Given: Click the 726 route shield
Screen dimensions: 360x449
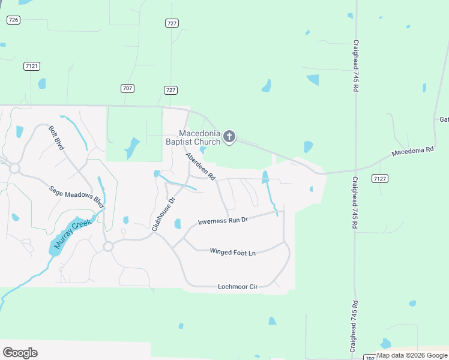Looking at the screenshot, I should (x=13, y=20).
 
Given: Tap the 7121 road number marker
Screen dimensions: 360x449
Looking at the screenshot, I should (x=32, y=66).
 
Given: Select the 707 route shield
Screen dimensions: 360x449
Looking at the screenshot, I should (x=127, y=88).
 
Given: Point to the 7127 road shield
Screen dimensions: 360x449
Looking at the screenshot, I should (x=379, y=178).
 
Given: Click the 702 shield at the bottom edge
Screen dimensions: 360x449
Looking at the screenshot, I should (x=370, y=358).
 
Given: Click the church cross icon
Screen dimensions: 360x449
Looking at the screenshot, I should (x=229, y=137).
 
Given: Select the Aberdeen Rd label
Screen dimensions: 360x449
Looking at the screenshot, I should (x=200, y=166).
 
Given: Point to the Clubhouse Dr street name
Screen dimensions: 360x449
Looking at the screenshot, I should (x=163, y=214).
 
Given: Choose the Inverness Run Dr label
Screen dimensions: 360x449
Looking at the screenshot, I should (x=223, y=221).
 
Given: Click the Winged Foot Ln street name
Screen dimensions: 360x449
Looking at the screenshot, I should (x=232, y=252).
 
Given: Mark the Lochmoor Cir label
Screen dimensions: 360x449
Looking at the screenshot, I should (x=238, y=287).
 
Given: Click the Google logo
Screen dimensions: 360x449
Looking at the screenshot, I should (x=20, y=353).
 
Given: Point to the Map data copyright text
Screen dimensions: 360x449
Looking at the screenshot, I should (x=412, y=355).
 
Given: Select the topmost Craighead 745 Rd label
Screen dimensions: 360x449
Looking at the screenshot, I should (x=356, y=65).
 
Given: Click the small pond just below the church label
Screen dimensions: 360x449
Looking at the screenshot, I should (x=203, y=149).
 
